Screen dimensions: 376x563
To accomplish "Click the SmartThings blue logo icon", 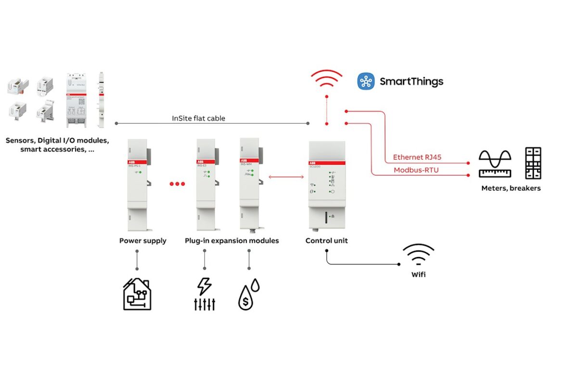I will pos(366,81).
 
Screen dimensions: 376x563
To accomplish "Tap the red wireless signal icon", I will pos(326,79).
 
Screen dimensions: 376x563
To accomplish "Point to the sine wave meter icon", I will pos(495,163).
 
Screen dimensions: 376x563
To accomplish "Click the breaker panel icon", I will pos(533,163).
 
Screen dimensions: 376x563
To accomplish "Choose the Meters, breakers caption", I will pos(511,188).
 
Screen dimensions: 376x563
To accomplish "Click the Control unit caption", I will pos(327,241).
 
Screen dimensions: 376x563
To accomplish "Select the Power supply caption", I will pos(143,241).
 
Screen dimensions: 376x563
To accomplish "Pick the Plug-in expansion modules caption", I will pos(232,241).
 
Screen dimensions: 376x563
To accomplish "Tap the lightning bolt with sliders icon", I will pos(205,294).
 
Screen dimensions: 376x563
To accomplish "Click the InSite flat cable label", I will pos(198,119).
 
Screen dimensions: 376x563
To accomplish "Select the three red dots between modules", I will pos(177,184).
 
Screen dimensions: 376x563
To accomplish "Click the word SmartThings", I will pos(411,81).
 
